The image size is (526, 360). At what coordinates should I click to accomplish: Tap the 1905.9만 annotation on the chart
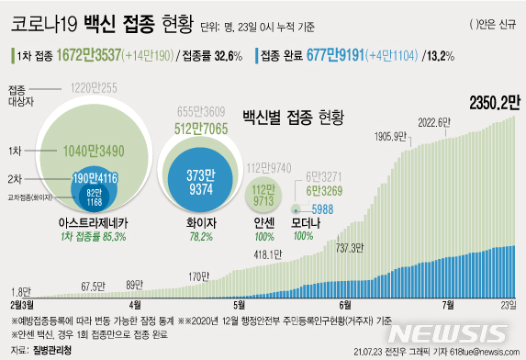click(x=391, y=136)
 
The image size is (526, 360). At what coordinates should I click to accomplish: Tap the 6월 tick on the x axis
click(x=345, y=305)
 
